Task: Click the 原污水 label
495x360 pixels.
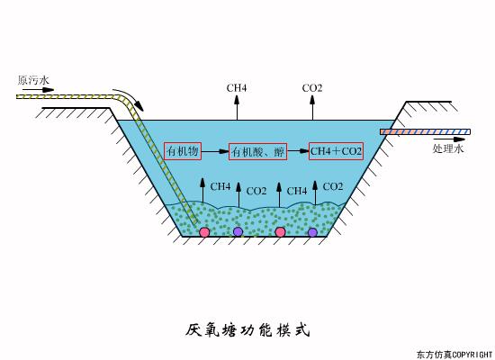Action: (31, 80)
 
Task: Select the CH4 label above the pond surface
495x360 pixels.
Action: (237, 87)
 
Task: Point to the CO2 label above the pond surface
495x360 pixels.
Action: (312, 87)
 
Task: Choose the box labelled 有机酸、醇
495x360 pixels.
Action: (257, 152)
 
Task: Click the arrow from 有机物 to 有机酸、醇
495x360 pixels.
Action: (220, 152)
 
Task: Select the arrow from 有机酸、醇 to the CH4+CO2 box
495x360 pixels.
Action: (297, 152)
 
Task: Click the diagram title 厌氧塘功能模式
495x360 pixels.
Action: (247, 329)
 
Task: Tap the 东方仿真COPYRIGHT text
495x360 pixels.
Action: (454, 353)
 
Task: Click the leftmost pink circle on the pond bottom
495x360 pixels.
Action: (205, 232)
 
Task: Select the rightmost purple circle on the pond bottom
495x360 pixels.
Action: (312, 232)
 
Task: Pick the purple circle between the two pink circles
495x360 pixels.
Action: (238, 232)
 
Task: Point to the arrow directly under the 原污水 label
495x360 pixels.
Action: (40, 90)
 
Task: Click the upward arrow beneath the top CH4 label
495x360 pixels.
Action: (237, 106)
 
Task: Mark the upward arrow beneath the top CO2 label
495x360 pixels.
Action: (312, 106)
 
